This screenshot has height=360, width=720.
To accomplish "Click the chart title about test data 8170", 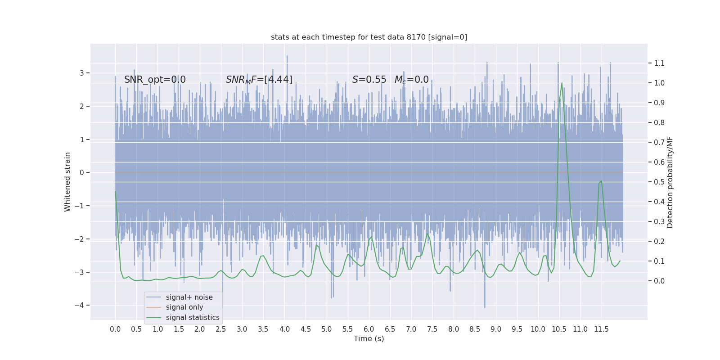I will point(369,37).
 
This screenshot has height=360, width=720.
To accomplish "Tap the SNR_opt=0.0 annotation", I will point(155,80).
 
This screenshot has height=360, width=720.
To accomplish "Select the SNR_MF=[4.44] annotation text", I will point(259,80).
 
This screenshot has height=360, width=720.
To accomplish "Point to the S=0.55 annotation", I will point(369,80).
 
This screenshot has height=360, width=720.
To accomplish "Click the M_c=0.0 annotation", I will point(411,80).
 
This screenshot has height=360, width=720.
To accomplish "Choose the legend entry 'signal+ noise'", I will point(189,297).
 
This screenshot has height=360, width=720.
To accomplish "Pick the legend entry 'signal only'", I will point(184,307).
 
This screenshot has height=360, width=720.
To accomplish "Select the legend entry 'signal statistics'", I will point(193,318).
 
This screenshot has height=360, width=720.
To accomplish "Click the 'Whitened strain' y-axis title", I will point(67,182).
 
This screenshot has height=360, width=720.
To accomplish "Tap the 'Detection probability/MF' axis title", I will point(670,182).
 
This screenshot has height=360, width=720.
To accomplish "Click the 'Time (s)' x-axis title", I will point(369,338).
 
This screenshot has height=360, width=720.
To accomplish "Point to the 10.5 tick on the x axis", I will point(559,329).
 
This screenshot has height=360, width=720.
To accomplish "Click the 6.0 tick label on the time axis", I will point(369,329).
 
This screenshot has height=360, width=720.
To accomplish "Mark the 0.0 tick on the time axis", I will point(115,329).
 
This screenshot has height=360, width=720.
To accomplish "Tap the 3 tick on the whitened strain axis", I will point(82,73).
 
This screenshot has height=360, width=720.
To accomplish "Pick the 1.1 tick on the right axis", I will point(659,63).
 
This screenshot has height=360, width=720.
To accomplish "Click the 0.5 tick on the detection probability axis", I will point(659,182).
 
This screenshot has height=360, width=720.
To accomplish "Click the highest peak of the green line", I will point(562,83).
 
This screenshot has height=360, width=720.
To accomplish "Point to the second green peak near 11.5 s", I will point(601,181).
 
